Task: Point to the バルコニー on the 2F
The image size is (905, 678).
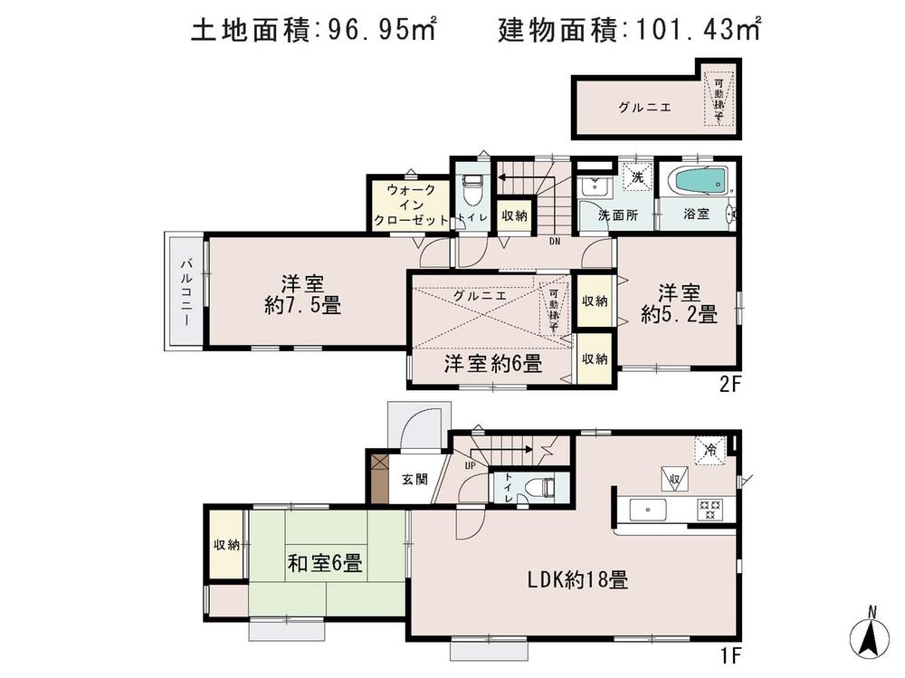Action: [185, 292]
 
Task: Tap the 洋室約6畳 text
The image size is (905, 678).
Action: [492, 365]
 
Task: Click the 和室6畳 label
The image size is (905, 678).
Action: [325, 564]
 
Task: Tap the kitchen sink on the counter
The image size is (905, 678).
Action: [646, 510]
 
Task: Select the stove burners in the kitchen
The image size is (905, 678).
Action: [708, 510]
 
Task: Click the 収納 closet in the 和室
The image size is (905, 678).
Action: [226, 545]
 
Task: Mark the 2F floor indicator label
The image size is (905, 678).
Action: [730, 383]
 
